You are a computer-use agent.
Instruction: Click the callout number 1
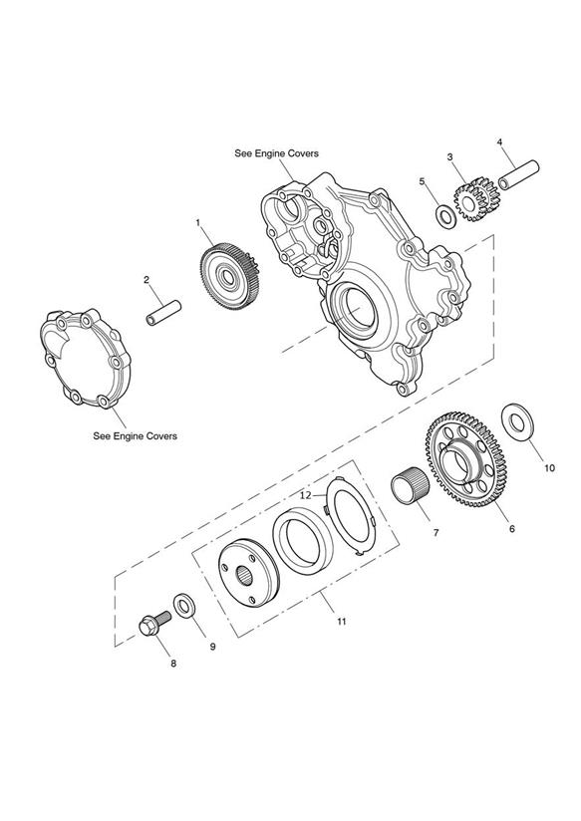198,222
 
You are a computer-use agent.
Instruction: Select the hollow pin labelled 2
162,313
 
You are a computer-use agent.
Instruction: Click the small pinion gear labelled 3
476,198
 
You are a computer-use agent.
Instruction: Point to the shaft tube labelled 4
518,175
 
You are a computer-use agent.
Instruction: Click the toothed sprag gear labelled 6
464,459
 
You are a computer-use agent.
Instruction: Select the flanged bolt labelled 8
155,623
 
